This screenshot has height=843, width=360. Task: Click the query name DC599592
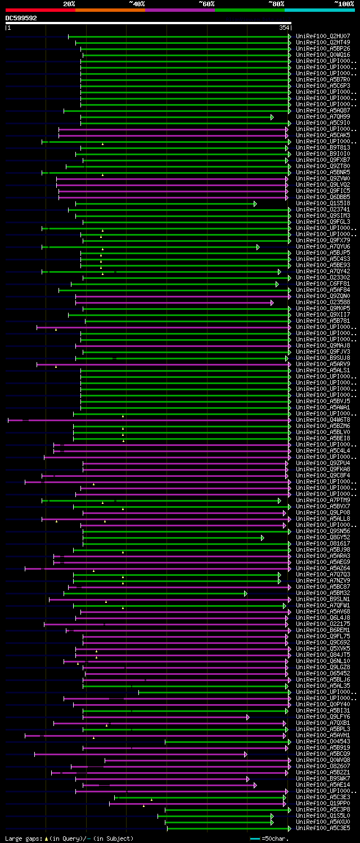21,18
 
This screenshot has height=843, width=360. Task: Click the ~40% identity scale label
137,4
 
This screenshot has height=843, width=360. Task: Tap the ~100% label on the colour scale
344,4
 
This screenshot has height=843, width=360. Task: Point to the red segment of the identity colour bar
40,10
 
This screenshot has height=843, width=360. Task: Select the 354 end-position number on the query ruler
284,28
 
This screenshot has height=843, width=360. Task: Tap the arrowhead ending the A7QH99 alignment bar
272,117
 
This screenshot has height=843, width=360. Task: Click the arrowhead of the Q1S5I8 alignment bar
255,204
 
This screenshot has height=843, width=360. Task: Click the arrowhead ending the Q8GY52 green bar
262,538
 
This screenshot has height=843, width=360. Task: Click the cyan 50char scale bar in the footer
255,839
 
